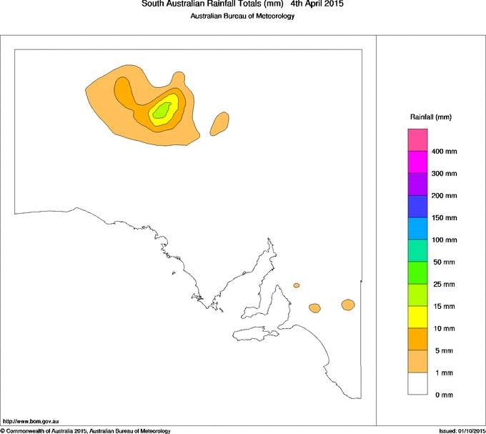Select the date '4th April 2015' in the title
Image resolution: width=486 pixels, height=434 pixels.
coord(317,4)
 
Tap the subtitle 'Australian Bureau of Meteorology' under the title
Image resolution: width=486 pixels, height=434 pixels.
coord(242,16)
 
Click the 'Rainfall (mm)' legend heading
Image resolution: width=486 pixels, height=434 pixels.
coord(431,117)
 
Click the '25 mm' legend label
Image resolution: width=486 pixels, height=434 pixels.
coord(444,285)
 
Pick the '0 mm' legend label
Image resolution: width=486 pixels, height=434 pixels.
coord(442,395)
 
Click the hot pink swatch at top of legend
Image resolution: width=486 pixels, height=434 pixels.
coord(417,139)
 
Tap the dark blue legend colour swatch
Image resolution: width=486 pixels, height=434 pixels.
coord(417,207)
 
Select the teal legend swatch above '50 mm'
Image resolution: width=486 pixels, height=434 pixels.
coord(417,251)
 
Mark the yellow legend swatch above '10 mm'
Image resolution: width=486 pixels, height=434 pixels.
coord(417,317)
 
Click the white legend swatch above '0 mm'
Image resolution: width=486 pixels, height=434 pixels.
coord(417,383)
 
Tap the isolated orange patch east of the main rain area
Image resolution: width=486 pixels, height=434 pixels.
coord(220,123)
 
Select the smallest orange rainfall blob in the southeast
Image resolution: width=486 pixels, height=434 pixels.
coord(297,285)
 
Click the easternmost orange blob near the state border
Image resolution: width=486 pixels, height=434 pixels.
coord(348,305)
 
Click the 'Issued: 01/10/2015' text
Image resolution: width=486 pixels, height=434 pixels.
coord(461,430)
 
